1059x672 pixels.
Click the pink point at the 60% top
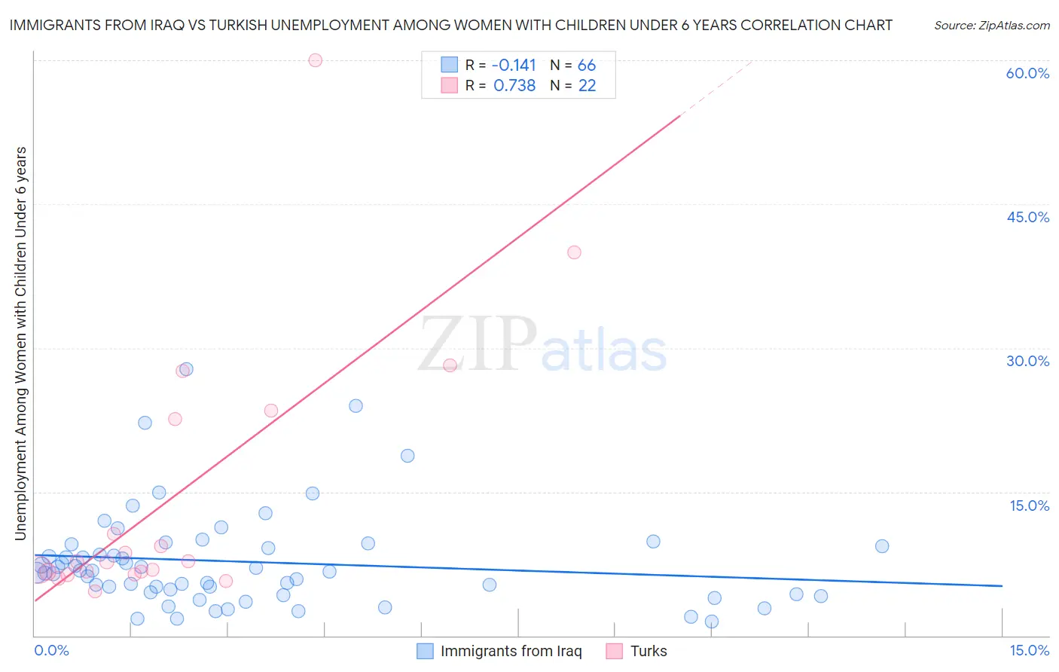[x=316, y=60]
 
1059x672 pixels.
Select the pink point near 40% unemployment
[x=574, y=252]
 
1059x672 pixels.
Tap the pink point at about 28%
[x=450, y=365]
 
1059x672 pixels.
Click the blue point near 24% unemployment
[x=356, y=406]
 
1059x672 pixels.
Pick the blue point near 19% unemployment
[x=407, y=456]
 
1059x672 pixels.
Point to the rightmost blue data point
[x=882, y=546]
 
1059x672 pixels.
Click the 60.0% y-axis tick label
[x=1027, y=73]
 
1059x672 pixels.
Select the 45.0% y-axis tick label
[x=1027, y=217]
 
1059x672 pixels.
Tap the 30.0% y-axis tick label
[x=1027, y=361]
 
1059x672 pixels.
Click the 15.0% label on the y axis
[x=1029, y=506]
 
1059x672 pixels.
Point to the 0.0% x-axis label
[x=52, y=650]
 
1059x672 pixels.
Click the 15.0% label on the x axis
[x=1029, y=650]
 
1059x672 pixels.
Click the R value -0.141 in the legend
[x=514, y=66]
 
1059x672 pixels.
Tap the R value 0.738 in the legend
[x=514, y=86]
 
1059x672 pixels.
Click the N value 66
[x=587, y=66]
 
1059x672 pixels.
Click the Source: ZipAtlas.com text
[x=991, y=26]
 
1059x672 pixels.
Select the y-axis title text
[x=21, y=343]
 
